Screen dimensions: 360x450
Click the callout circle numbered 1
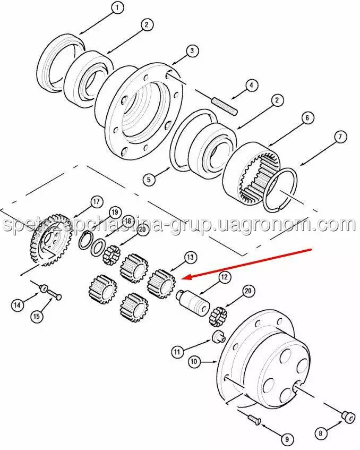[x=117, y=8]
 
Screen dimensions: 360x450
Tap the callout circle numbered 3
[x=192, y=51]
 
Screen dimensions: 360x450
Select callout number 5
[x=149, y=180]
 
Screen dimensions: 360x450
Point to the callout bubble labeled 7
[x=340, y=137]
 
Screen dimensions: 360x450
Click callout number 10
[x=194, y=361]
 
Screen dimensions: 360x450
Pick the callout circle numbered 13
[x=191, y=258]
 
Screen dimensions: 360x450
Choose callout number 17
[x=96, y=202]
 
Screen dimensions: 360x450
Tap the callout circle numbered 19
[x=115, y=213]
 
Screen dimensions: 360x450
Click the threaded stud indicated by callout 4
[x=225, y=106]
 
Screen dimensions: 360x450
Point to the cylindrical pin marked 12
[x=194, y=302]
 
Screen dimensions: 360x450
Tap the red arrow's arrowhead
[x=187, y=277]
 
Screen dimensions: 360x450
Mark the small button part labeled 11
[x=218, y=336]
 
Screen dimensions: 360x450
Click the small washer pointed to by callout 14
[x=43, y=288]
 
